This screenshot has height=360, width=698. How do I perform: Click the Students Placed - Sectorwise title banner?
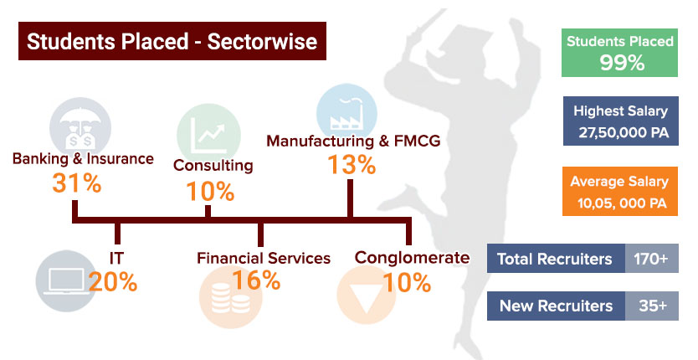(172, 41)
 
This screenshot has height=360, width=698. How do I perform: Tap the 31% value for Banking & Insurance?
(77, 183)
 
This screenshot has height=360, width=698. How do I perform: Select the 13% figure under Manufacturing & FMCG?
(352, 164)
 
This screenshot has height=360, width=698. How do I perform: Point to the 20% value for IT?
(113, 281)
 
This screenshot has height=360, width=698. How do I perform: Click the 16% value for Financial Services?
(256, 280)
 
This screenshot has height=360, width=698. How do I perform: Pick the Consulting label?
(213, 165)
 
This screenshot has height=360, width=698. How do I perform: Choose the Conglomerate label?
(413, 258)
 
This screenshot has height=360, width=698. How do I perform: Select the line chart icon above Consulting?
(208, 133)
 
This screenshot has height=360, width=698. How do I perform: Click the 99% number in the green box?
(622, 63)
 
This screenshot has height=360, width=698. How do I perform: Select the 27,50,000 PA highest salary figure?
(624, 132)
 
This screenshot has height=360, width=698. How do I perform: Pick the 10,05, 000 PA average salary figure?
(623, 203)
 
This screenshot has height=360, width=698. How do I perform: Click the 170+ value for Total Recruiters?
(651, 259)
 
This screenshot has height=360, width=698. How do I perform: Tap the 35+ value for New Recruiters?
(653, 306)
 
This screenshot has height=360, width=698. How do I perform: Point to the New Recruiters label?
(556, 306)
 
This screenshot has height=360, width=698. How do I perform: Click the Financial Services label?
(264, 258)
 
